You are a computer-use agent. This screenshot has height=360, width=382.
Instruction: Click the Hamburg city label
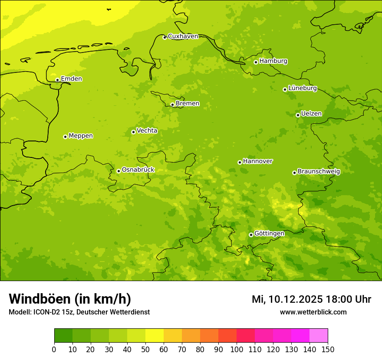tap(273, 61)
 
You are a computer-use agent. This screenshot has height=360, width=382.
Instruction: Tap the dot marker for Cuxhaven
tap(165, 37)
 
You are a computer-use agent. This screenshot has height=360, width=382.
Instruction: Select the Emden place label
tap(71, 79)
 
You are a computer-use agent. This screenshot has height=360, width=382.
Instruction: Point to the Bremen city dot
tap(172, 105)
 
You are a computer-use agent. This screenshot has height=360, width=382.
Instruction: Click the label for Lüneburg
tap(302, 88)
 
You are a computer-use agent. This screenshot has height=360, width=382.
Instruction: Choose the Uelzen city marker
tap(298, 115)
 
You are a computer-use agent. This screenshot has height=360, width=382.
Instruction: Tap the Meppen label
tap(81, 136)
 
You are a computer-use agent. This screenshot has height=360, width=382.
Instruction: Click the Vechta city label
tap(147, 131)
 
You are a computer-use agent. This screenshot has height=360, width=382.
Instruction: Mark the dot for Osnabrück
tap(119, 171)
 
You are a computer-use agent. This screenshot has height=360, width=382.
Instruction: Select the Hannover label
tap(257, 161)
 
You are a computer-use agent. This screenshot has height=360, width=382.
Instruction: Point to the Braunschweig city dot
tap(294, 173)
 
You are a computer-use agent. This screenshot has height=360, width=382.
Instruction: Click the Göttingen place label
tap(269, 234)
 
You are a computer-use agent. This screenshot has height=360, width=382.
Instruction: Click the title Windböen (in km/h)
tap(70, 299)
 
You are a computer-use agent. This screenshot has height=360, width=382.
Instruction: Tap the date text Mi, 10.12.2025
tap(286, 299)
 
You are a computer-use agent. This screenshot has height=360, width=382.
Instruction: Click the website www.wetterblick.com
tap(313, 312)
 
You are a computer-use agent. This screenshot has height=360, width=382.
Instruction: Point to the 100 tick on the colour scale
tap(237, 349)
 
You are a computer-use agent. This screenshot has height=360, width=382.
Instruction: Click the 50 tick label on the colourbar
tap(145, 349)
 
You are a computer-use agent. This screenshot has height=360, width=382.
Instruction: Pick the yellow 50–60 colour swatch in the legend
tap(155, 335)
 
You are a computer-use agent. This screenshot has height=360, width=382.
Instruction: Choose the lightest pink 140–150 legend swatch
tap(319, 335)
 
